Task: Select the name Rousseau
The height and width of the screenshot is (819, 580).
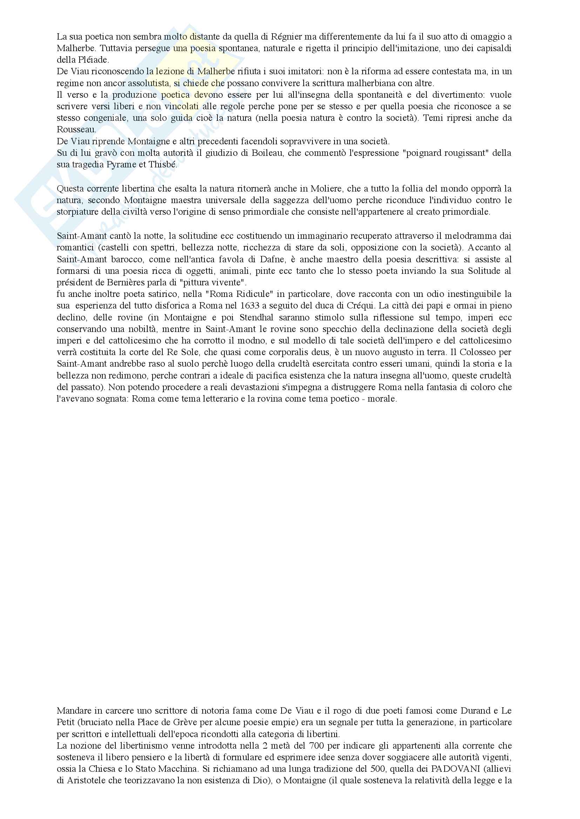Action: (x=76, y=130)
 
